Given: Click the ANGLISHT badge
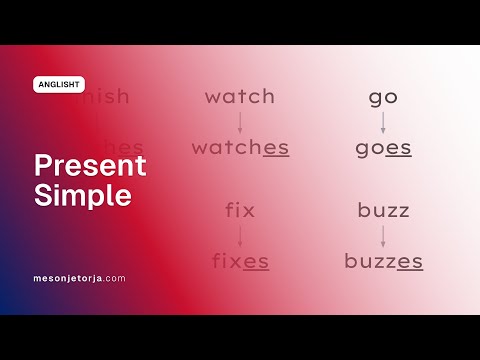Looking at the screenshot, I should (59, 85).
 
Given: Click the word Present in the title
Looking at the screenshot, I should (90, 165).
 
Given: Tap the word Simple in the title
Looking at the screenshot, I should (83, 195).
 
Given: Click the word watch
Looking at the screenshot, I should (239, 97).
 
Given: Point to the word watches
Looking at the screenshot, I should (240, 148).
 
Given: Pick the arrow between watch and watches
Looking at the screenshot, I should (240, 123).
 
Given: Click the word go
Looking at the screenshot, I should (383, 97).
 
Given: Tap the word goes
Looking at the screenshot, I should (383, 148).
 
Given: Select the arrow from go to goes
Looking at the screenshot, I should (383, 123).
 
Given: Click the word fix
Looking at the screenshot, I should (240, 211).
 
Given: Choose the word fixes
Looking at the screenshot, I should (240, 261).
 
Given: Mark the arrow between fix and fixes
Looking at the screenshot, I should (240, 236).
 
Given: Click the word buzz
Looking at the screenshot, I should (383, 211).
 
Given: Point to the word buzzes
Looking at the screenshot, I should (383, 261).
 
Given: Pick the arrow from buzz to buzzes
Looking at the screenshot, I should (383, 236).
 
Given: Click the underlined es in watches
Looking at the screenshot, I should (276, 149).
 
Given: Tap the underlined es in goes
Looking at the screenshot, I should (398, 149).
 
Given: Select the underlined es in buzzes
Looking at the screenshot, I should (409, 262).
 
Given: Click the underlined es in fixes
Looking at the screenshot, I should (256, 262).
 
